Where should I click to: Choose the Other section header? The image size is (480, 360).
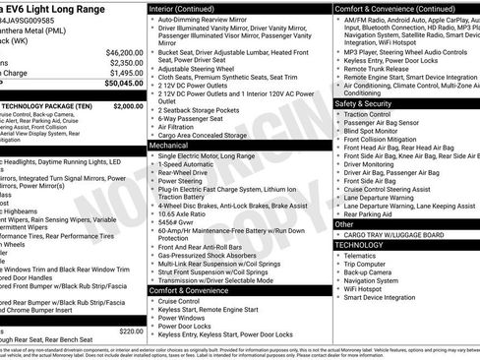click(x=345, y=224)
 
